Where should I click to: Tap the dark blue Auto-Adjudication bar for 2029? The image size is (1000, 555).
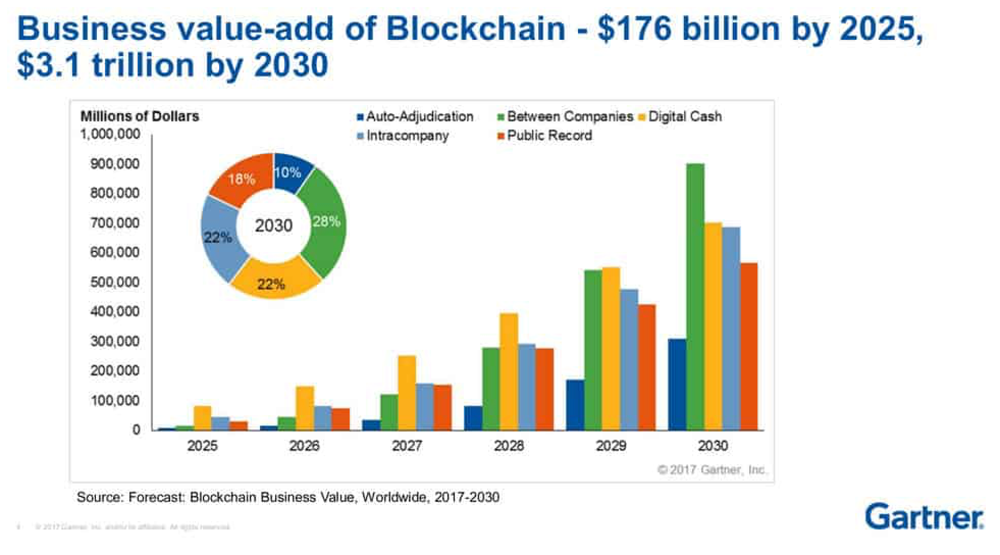point(575,405)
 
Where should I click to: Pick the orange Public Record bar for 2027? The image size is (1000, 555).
point(442,408)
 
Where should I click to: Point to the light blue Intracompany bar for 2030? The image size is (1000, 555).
point(731,329)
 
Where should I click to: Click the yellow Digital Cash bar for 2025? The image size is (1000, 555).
point(202,418)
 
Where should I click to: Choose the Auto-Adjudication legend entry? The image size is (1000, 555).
point(415,117)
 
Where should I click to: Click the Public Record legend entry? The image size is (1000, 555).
point(545,136)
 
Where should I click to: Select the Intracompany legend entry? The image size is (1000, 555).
point(403,136)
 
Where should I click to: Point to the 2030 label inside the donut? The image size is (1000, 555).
point(274,225)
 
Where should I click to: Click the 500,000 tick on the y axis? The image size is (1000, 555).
point(115,282)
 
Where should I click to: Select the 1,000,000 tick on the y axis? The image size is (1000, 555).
point(110,135)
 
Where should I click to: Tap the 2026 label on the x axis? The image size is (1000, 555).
point(304,446)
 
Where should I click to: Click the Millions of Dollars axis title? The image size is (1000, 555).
point(140,116)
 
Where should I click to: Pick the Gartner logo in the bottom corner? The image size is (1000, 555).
point(924,516)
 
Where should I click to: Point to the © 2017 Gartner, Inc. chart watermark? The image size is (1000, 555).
point(712,470)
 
